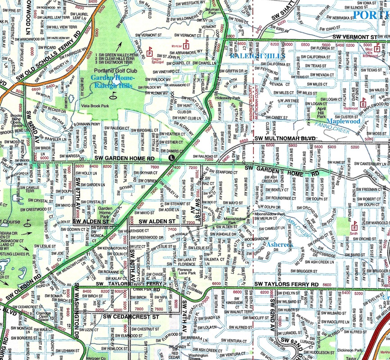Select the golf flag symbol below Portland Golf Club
[112, 95]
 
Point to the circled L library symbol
[171, 158]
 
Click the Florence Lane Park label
[188, 269]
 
